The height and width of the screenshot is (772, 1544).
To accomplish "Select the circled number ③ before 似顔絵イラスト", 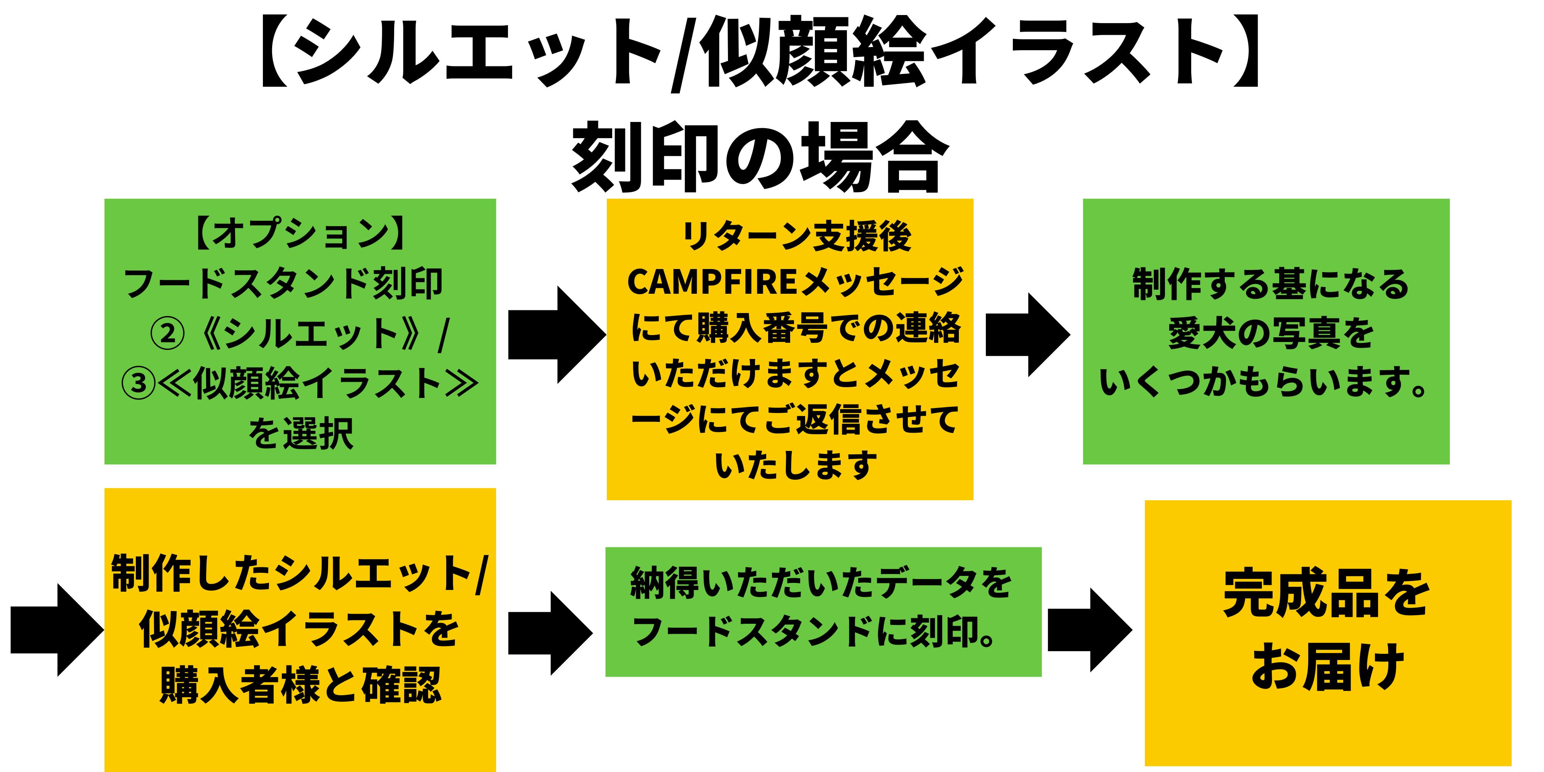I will [139, 383].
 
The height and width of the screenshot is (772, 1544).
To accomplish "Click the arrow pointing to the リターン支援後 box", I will [556, 334].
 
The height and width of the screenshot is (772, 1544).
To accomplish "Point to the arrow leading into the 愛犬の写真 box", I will [1027, 334].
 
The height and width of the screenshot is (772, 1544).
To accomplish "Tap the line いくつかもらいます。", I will [1265, 383].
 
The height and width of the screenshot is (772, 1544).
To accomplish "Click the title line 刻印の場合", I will [759, 157].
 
